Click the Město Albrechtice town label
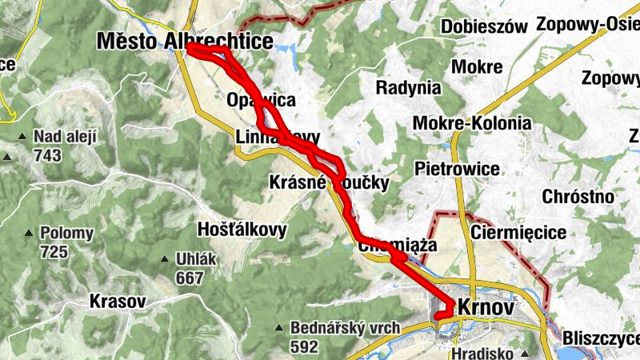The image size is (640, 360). [184, 41]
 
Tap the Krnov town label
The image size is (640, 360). [486, 307]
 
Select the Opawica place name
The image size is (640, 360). [262, 101]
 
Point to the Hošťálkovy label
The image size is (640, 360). [242, 230]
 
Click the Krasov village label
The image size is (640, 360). [118, 302]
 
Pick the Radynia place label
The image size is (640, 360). [408, 87]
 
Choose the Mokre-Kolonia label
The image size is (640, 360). [472, 123]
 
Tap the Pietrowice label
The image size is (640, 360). [457, 169]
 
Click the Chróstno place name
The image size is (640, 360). [578, 197]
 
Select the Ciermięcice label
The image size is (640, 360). [519, 233]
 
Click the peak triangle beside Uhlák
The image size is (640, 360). [166, 259]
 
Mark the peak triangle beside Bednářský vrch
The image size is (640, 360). [279, 328]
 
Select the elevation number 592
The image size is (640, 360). [305, 347]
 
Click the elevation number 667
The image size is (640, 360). [190, 278]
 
